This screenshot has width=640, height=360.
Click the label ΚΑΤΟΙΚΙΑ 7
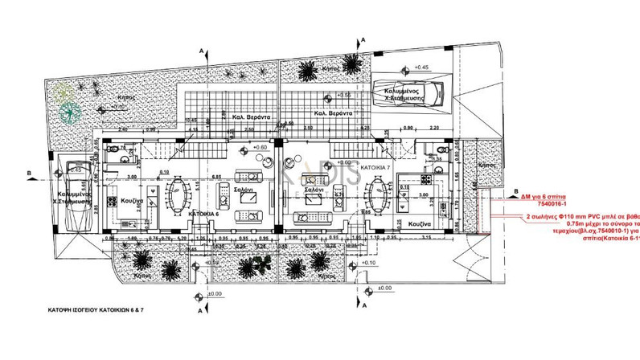(375, 167)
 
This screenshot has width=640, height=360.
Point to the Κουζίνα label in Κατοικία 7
(421, 223)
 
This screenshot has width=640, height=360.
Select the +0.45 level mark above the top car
(421, 67)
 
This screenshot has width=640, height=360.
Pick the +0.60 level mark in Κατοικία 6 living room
(261, 148)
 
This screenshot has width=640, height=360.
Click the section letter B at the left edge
(29, 172)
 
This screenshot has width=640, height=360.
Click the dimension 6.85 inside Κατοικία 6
(217, 176)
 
